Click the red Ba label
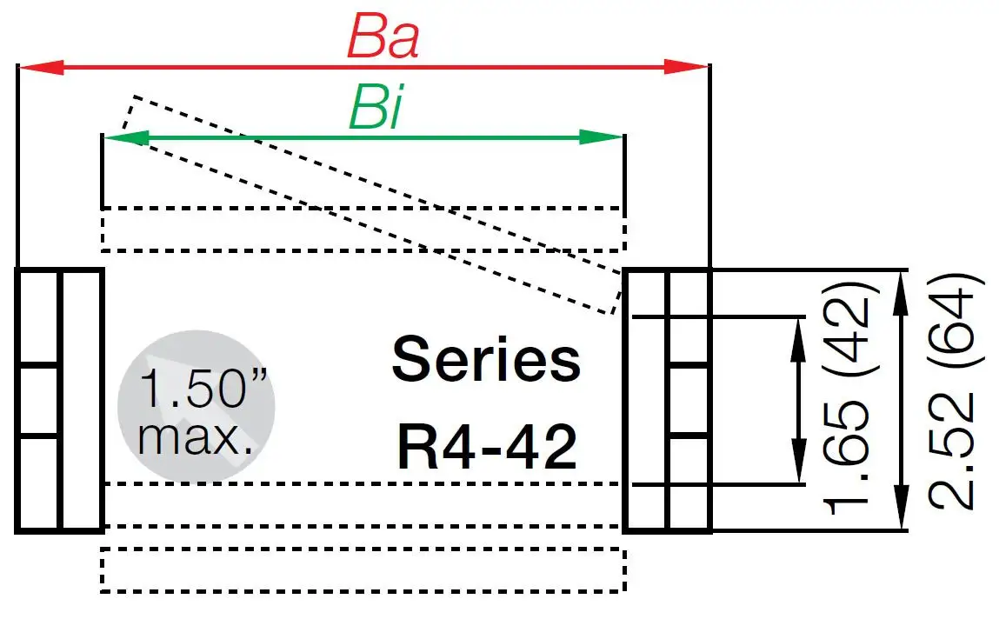pos(383,37)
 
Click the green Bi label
pos(376,110)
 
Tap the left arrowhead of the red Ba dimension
pos(40,67)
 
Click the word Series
pos(486,360)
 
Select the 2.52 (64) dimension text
pos(953,392)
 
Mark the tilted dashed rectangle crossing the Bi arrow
pos(374,204)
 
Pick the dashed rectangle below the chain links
pos(363,570)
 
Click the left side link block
pos(59,400)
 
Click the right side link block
pos(667,400)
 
